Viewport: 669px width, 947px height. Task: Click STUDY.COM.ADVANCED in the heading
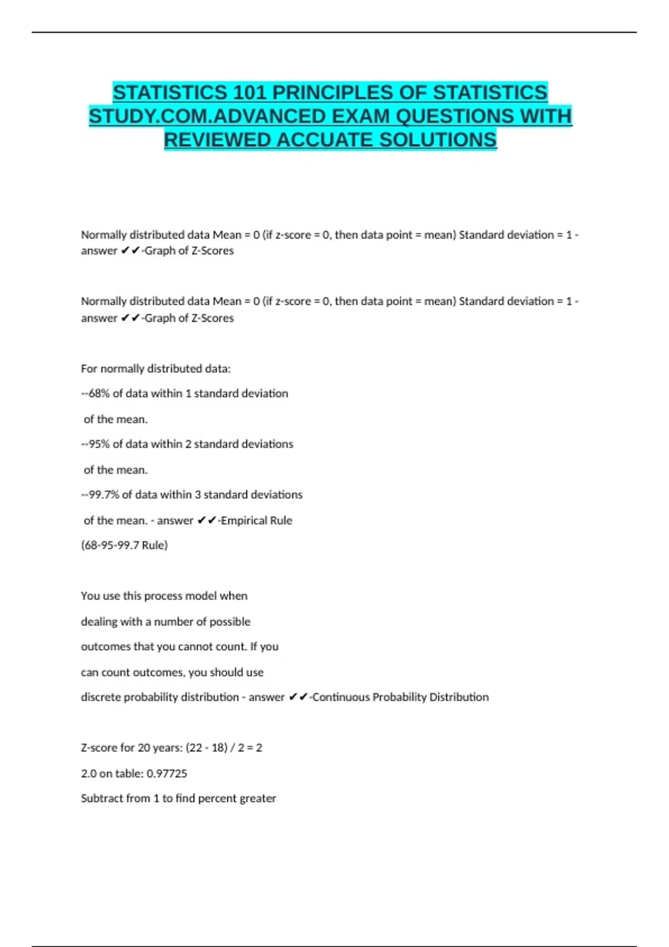(207, 116)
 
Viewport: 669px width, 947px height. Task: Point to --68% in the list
(95, 394)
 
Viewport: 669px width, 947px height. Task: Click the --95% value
(95, 445)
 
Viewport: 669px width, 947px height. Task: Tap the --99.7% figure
(100, 495)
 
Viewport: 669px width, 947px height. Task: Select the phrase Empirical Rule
(256, 521)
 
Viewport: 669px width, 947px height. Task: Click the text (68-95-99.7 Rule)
(124, 545)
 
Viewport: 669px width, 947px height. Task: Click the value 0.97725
(167, 774)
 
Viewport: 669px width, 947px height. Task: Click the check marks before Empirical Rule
(207, 521)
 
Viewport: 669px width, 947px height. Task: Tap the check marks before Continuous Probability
(298, 697)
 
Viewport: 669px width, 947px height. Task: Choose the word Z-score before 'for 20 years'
(99, 748)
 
